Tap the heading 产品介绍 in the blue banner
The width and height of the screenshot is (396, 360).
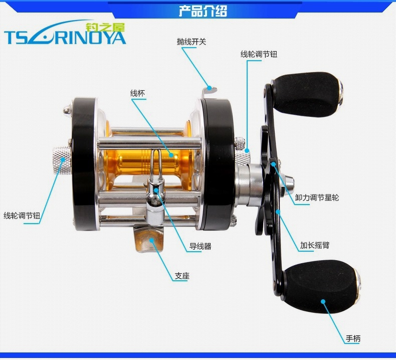[x=203, y=11]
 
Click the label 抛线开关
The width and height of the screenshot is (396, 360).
[x=191, y=42]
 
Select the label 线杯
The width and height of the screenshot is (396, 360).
[x=138, y=93]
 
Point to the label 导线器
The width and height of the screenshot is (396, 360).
[x=201, y=246]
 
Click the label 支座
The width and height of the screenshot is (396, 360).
[x=182, y=276]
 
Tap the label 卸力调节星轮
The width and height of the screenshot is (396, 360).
[x=317, y=198]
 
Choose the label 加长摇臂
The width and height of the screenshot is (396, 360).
[x=315, y=245]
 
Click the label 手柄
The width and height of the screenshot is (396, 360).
[x=353, y=338]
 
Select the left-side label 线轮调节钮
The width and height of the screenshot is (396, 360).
[x=22, y=216]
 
